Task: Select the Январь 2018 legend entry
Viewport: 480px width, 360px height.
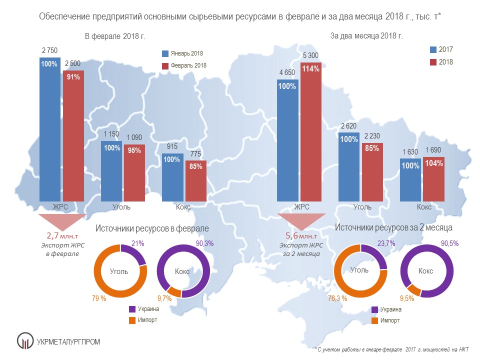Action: pyautogui.click(x=183, y=53)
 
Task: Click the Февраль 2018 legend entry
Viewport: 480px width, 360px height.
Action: pyautogui.click(x=184, y=65)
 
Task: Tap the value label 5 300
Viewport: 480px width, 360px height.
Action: pyautogui.click(x=311, y=55)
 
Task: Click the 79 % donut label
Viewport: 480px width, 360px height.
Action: pyautogui.click(x=98, y=299)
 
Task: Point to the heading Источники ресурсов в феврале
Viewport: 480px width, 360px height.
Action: pyautogui.click(x=152, y=228)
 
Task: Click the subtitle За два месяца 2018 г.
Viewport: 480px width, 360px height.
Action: pyautogui.click(x=366, y=36)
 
